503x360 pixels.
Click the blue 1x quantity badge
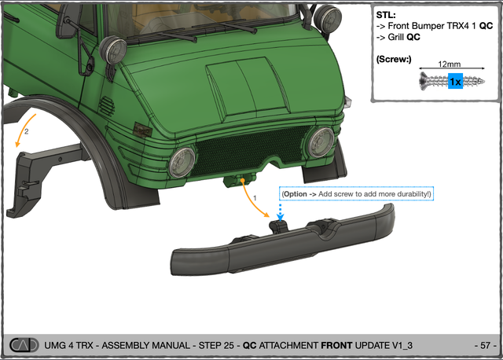(x=455, y=82)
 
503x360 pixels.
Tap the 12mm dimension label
(x=449, y=64)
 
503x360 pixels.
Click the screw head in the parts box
(x=424, y=81)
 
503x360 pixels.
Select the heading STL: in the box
(x=386, y=15)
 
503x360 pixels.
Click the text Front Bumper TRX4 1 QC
(x=440, y=26)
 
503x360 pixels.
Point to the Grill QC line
(x=404, y=37)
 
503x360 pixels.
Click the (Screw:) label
(x=394, y=60)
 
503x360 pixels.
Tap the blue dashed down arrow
(x=281, y=212)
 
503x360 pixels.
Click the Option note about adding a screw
(x=356, y=194)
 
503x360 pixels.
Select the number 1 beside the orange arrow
(x=255, y=198)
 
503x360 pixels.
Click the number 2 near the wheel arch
(x=26, y=131)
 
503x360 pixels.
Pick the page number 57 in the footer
(x=486, y=345)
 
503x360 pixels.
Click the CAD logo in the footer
(x=24, y=345)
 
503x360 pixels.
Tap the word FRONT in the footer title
(x=336, y=345)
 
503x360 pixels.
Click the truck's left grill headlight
(x=182, y=163)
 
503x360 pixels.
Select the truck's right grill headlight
(x=321, y=142)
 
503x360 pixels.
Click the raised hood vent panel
(x=246, y=86)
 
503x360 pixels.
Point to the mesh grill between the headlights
(x=250, y=149)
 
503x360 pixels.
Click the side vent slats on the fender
(x=107, y=106)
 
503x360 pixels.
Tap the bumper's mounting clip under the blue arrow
(x=278, y=226)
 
